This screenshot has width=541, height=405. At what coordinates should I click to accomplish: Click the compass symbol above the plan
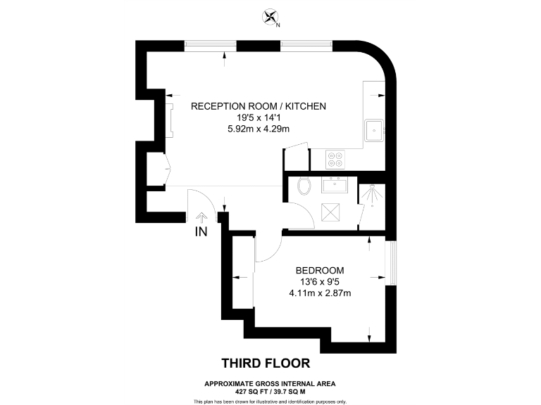coord(270,17)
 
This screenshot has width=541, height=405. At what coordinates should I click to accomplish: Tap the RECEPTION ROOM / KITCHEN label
coord(259,106)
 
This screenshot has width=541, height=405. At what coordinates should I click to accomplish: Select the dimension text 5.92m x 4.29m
coord(259,129)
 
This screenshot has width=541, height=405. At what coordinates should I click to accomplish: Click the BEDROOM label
coord(320,271)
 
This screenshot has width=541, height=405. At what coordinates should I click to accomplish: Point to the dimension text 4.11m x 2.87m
coord(320,293)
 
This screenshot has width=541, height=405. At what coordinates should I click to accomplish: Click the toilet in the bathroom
coord(304,186)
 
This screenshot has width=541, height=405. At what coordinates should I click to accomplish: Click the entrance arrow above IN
coord(203,217)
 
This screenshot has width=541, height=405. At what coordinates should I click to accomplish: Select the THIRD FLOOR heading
coord(266,364)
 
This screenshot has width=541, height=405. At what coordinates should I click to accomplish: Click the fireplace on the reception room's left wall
coord(169,119)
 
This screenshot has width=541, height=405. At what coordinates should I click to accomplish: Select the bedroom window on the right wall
coord(392,261)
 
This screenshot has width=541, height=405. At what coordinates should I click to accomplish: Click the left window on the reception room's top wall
coord(211,46)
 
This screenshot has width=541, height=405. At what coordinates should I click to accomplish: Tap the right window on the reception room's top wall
coord(306,46)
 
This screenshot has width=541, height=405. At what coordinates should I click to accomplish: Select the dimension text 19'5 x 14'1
coord(259,117)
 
